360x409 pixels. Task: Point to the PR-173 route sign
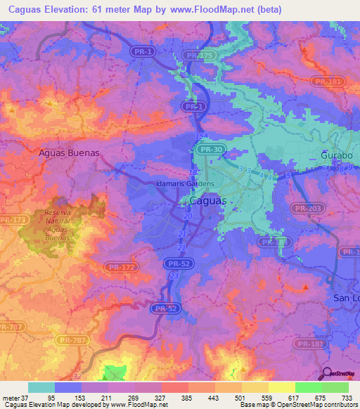(x=10, y=221)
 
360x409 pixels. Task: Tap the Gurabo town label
(x=335, y=153)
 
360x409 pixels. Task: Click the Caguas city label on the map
(x=208, y=201)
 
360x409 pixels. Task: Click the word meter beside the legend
(x=12, y=397)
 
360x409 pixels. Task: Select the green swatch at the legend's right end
(x=335, y=387)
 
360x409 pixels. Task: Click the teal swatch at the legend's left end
(x=41, y=387)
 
